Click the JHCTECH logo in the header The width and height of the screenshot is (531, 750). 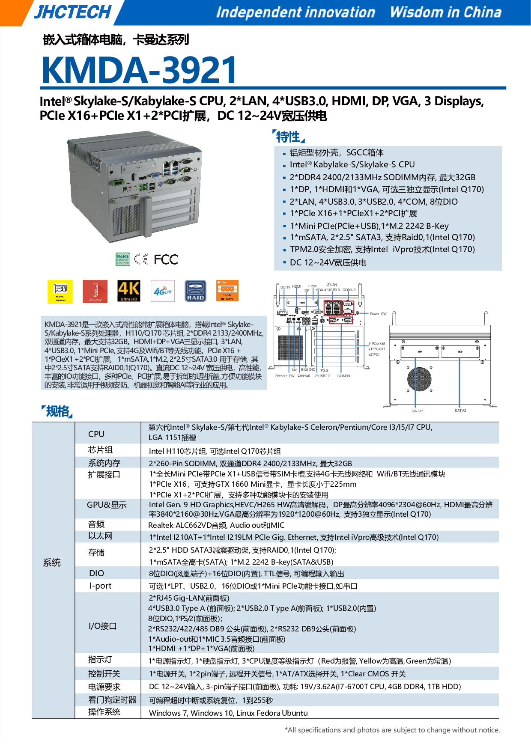click(x=73, y=12)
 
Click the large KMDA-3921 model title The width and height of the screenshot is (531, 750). click(x=139, y=70)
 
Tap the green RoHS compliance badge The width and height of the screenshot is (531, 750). click(x=123, y=259)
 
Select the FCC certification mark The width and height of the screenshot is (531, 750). click(x=166, y=259)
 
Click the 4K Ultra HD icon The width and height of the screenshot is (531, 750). click(x=128, y=291)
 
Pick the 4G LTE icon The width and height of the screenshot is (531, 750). click(x=163, y=291)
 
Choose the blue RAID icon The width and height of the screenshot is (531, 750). click(x=195, y=291)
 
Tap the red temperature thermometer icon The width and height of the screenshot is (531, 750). click(x=95, y=291)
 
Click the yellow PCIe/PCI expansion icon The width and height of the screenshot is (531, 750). click(x=60, y=292)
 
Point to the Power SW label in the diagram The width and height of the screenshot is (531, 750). click(x=378, y=314)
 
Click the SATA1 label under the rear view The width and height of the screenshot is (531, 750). click(x=418, y=411)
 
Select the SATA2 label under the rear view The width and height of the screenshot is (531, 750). click(x=460, y=411)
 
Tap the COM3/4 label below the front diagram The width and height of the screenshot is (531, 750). click(x=343, y=376)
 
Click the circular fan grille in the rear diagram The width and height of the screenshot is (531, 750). click(x=419, y=379)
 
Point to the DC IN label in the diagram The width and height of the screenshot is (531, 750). click(x=285, y=287)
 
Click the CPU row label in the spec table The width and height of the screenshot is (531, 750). click(x=96, y=434)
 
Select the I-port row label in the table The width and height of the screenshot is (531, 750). click(x=100, y=586)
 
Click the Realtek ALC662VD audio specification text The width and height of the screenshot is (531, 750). click(x=216, y=525)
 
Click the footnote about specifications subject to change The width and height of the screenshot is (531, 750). click(x=392, y=730)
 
